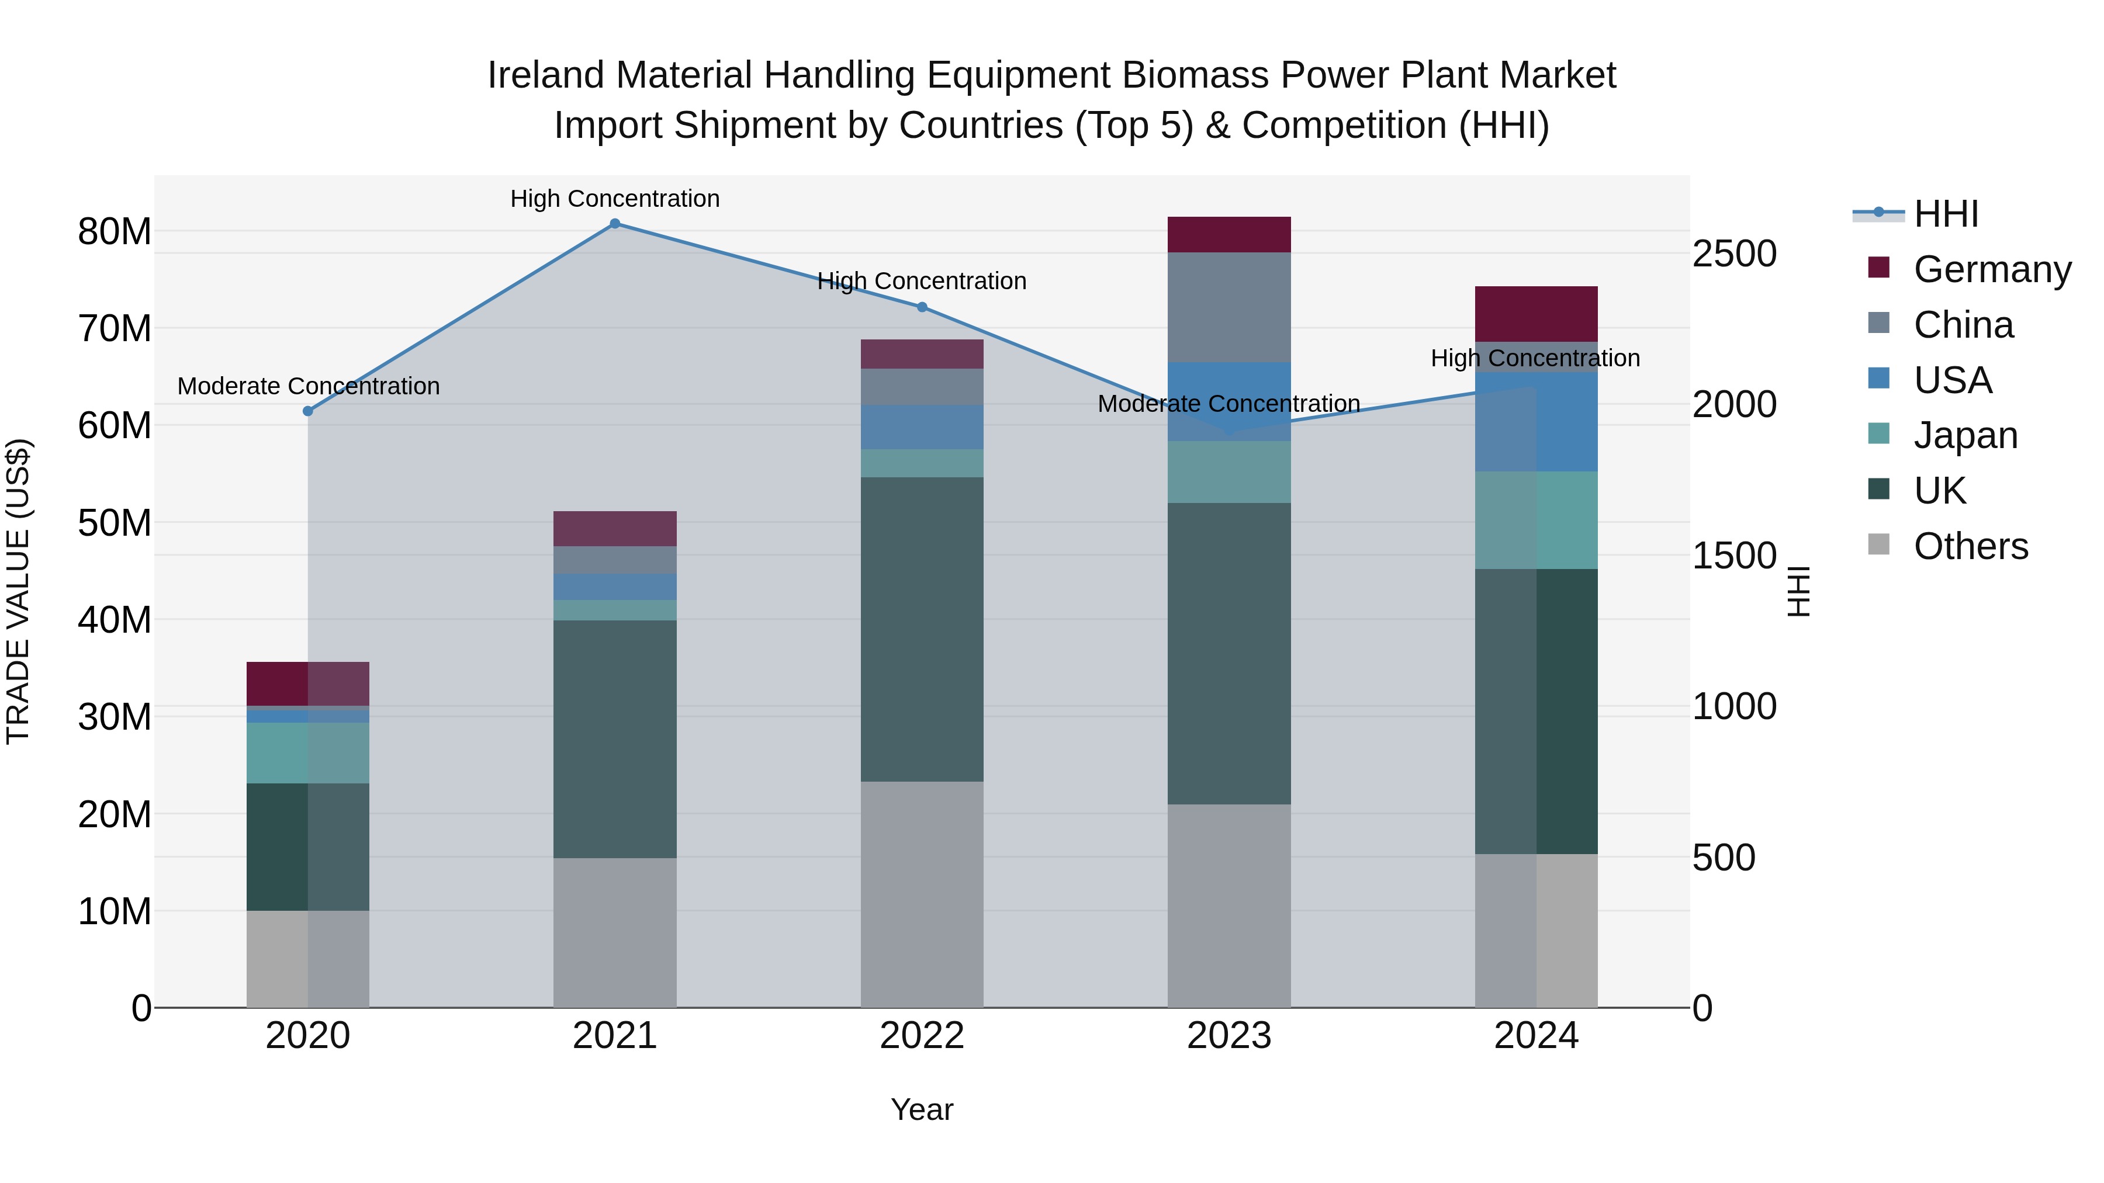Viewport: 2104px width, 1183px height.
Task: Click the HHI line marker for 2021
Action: tap(615, 224)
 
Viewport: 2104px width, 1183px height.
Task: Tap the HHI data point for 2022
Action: tap(922, 307)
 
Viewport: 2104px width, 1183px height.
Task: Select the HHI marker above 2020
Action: tap(308, 411)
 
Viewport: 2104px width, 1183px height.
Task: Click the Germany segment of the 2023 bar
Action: tap(1229, 234)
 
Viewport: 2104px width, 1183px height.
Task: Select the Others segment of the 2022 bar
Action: tap(922, 893)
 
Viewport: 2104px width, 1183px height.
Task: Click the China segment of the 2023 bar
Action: tap(1229, 307)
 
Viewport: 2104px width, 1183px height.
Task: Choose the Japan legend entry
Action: tap(1964, 435)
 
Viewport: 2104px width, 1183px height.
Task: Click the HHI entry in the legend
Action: tap(1944, 214)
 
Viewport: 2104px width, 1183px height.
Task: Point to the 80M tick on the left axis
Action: tap(115, 232)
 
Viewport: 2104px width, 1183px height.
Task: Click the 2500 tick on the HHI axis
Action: tap(1733, 254)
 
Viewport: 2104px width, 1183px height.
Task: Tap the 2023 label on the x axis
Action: tap(1229, 1036)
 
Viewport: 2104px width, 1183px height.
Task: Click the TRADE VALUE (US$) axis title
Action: tap(18, 591)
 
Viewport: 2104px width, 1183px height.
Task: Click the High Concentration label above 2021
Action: tap(615, 199)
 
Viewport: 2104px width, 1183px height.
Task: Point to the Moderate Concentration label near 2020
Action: tap(308, 386)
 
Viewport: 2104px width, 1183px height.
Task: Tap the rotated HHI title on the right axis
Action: tap(1798, 591)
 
